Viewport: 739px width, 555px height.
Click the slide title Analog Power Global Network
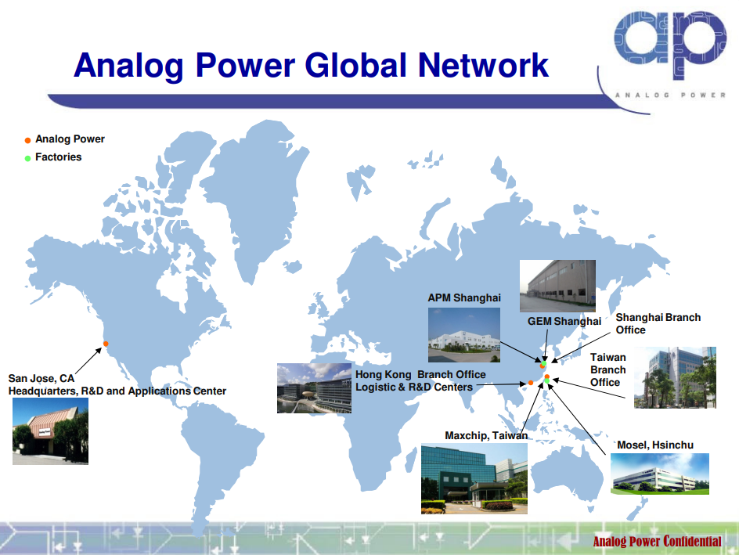coord(311,65)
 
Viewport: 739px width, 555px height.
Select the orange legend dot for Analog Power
coord(28,140)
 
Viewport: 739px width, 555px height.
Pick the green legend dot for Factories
coord(28,158)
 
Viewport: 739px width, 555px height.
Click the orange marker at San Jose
coord(106,344)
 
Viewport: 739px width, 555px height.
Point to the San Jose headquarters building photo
coord(50,431)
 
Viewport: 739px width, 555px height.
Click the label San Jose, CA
coord(41,378)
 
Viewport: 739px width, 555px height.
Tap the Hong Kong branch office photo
coord(315,388)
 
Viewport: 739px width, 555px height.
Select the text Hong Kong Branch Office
coord(420,374)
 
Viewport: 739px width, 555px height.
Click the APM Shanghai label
coord(464,297)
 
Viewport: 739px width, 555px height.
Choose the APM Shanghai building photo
coord(464,335)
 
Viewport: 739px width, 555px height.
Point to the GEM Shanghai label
coord(564,321)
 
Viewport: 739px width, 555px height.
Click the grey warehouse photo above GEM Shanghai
coord(557,286)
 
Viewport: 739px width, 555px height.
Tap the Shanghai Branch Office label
coord(658,323)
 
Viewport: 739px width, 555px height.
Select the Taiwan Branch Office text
coord(608,369)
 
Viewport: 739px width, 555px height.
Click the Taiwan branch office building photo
coord(675,378)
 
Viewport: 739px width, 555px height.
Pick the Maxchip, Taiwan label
coord(486,436)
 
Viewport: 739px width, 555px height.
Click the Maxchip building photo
coord(474,478)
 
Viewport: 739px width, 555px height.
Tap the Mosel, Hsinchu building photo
coord(660,474)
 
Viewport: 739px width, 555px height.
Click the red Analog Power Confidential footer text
coord(657,542)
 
